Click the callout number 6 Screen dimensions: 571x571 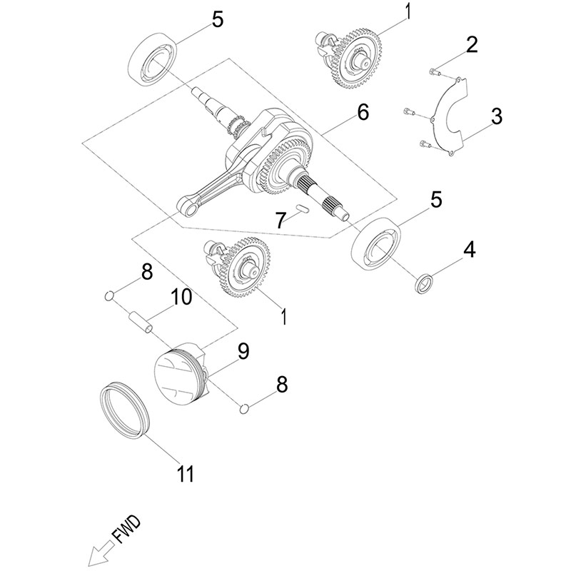363,112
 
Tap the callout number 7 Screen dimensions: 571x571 281,220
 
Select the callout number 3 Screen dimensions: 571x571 496,116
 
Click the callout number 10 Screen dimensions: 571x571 181,296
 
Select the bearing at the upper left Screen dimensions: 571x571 153,59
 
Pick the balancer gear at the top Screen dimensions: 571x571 355,56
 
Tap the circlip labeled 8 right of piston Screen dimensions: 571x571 245,408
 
